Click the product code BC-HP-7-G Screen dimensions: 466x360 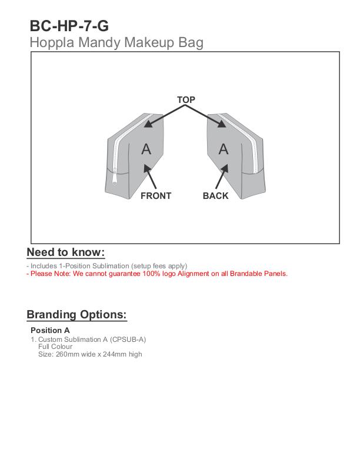pos(69,26)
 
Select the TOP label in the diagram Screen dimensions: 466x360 pos(186,100)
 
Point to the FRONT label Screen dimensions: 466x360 pos(156,196)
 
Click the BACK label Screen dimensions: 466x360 pos(215,196)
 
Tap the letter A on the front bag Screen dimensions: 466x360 pos(146,149)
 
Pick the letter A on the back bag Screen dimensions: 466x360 pos(224,149)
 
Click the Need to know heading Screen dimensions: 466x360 pos(65,252)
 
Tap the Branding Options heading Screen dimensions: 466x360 pos(76,314)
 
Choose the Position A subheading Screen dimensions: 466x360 pos(50,331)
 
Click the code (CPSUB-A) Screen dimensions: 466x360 pos(128,339)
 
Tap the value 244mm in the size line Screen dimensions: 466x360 pos(115,354)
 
